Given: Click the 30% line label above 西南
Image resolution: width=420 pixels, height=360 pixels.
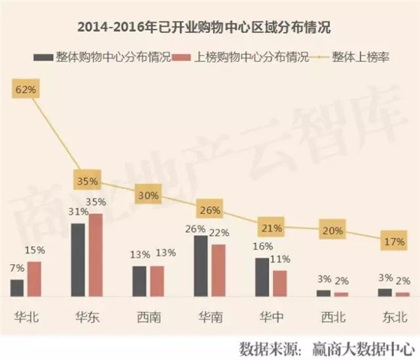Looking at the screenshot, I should point(147,195).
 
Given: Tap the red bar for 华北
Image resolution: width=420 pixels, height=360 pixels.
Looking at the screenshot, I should point(34,278).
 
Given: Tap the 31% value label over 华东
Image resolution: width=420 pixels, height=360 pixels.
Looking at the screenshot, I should point(76,212).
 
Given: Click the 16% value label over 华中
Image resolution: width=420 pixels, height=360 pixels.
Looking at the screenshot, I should point(261,247).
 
